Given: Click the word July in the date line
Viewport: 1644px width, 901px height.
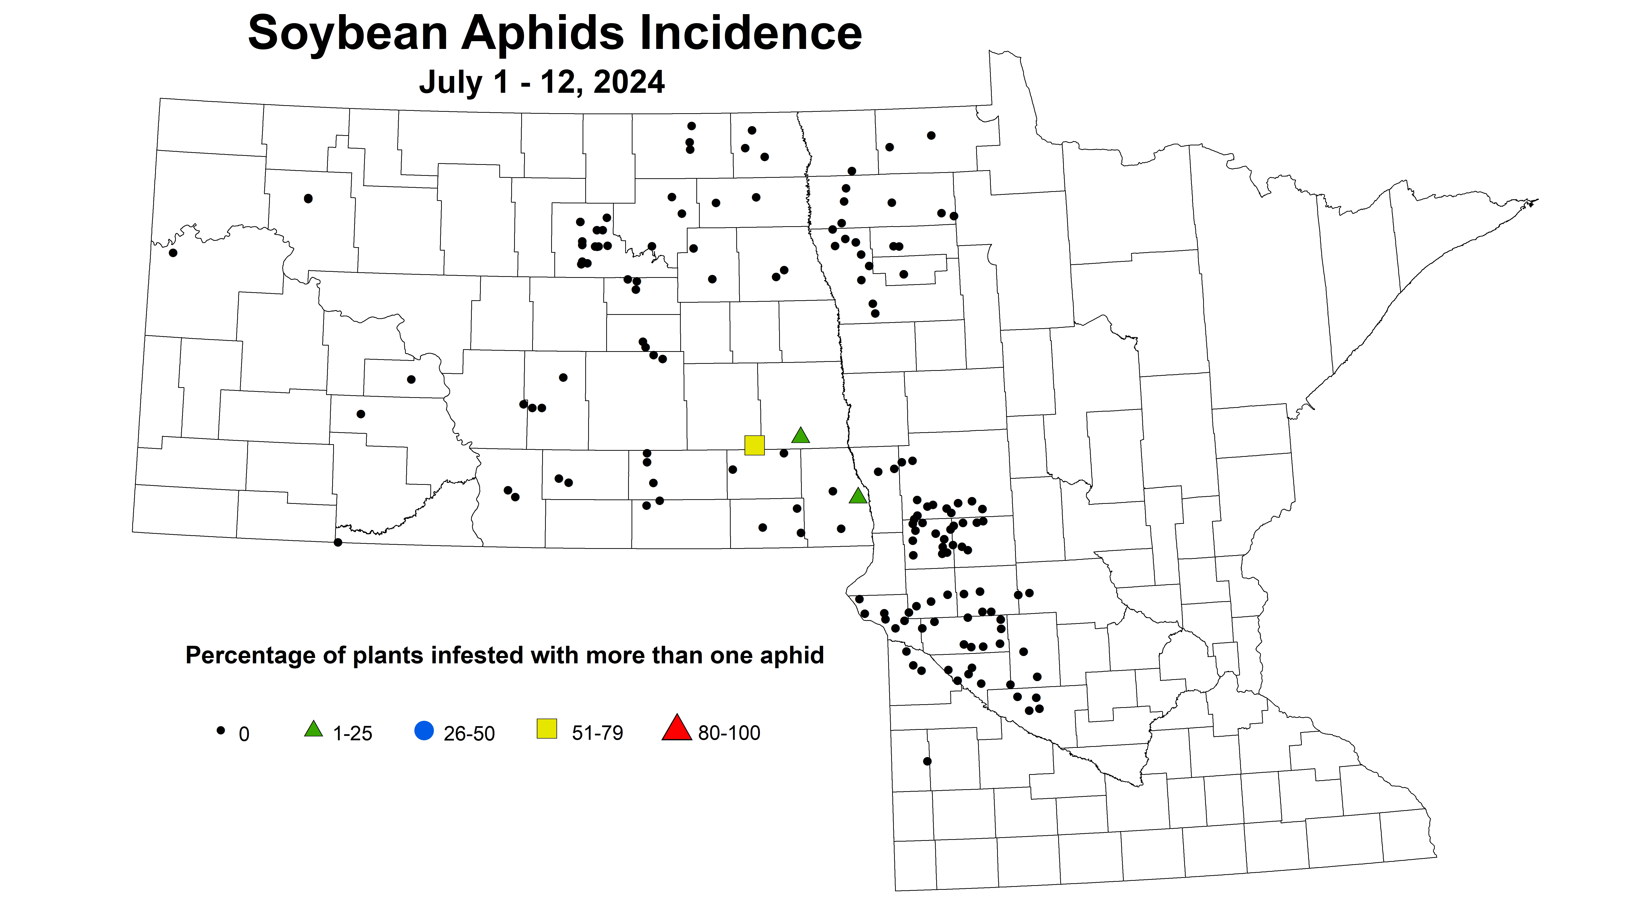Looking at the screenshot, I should click(451, 82).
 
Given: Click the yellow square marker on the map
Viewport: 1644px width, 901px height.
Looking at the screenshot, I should click(754, 445).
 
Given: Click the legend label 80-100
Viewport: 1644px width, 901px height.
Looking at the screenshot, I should click(729, 733).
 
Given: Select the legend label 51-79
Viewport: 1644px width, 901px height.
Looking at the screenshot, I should click(597, 733).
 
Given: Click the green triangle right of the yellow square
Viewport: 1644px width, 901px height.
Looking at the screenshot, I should click(800, 436).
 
